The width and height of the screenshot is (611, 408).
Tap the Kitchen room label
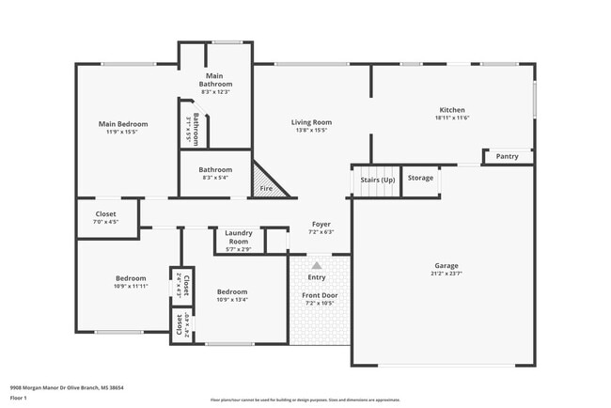coord(452,110)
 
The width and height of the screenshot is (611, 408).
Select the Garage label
coord(446,265)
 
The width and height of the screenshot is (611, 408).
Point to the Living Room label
coord(310,122)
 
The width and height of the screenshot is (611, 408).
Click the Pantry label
coord(508,156)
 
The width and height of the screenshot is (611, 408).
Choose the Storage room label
coord(420,178)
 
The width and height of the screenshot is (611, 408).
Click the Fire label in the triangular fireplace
coord(266,190)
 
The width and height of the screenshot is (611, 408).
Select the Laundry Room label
coord(239,238)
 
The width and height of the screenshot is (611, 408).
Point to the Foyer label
coord(321,224)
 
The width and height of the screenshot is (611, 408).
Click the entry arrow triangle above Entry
coord(316,267)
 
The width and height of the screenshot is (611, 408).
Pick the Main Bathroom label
coord(215,79)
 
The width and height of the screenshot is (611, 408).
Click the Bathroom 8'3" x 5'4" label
coord(215,170)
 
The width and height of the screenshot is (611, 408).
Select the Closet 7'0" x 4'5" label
coord(106,214)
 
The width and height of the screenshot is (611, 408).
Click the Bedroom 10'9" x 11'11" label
coord(131,278)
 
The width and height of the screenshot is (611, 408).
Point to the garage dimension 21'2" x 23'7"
coord(446,274)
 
